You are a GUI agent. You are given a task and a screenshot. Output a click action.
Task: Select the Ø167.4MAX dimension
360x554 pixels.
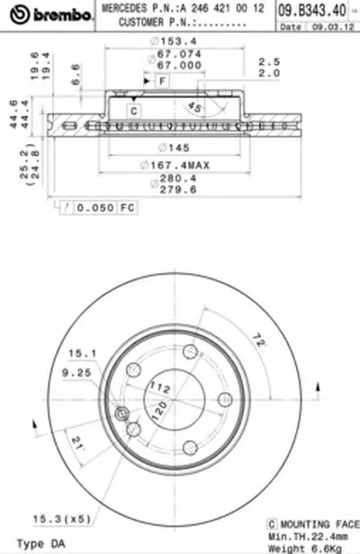coord(175,164)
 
